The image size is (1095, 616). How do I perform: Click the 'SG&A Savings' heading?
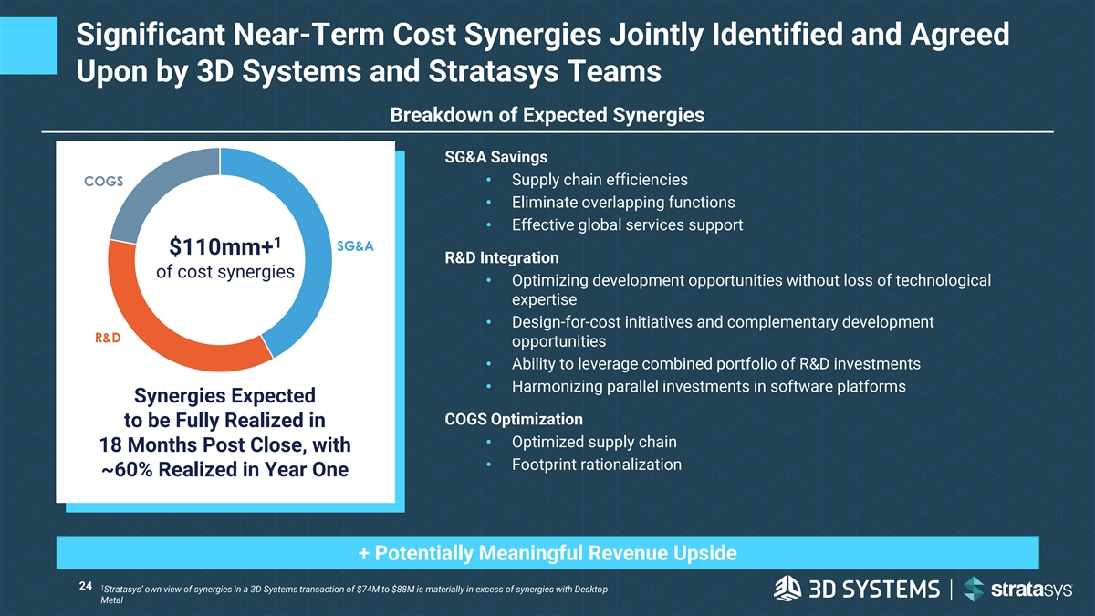pyautogui.click(x=495, y=156)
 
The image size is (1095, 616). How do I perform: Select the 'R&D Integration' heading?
pyautogui.click(x=501, y=257)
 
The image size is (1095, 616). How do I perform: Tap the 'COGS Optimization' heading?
pyautogui.click(x=513, y=420)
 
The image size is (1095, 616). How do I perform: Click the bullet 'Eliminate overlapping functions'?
pyautogui.click(x=623, y=202)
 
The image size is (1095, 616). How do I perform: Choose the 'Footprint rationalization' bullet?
pyautogui.click(x=597, y=465)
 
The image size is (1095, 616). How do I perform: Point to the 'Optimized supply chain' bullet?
pyautogui.click(x=594, y=443)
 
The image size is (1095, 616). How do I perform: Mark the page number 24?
pyautogui.click(x=87, y=587)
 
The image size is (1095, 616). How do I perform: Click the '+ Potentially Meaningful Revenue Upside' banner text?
pyautogui.click(x=547, y=553)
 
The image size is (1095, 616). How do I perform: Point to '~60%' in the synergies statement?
pyautogui.click(x=130, y=470)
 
